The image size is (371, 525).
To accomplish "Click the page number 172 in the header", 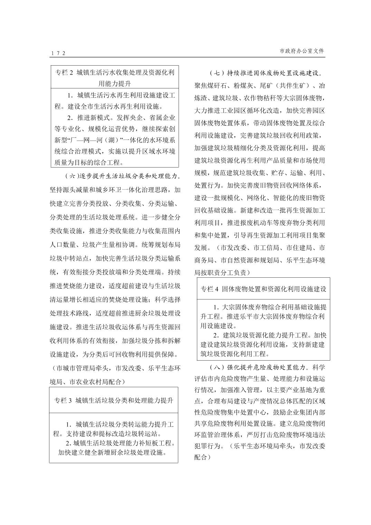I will [x=58, y=53].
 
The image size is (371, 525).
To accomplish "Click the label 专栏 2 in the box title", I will [x=65, y=73].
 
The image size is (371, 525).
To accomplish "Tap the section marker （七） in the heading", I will [x=217, y=73].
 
